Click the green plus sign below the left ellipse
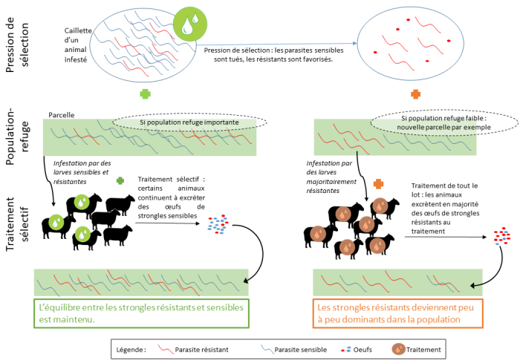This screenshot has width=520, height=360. [x=144, y=94]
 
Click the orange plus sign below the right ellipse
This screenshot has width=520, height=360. [x=415, y=94]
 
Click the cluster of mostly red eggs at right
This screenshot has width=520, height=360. [x=502, y=237]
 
